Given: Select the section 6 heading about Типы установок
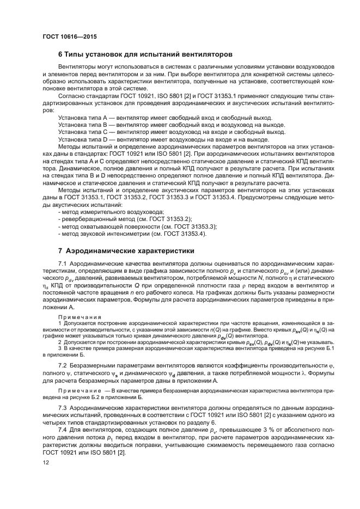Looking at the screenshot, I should click(145, 54).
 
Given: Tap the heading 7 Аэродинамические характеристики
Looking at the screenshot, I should click(126, 251).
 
